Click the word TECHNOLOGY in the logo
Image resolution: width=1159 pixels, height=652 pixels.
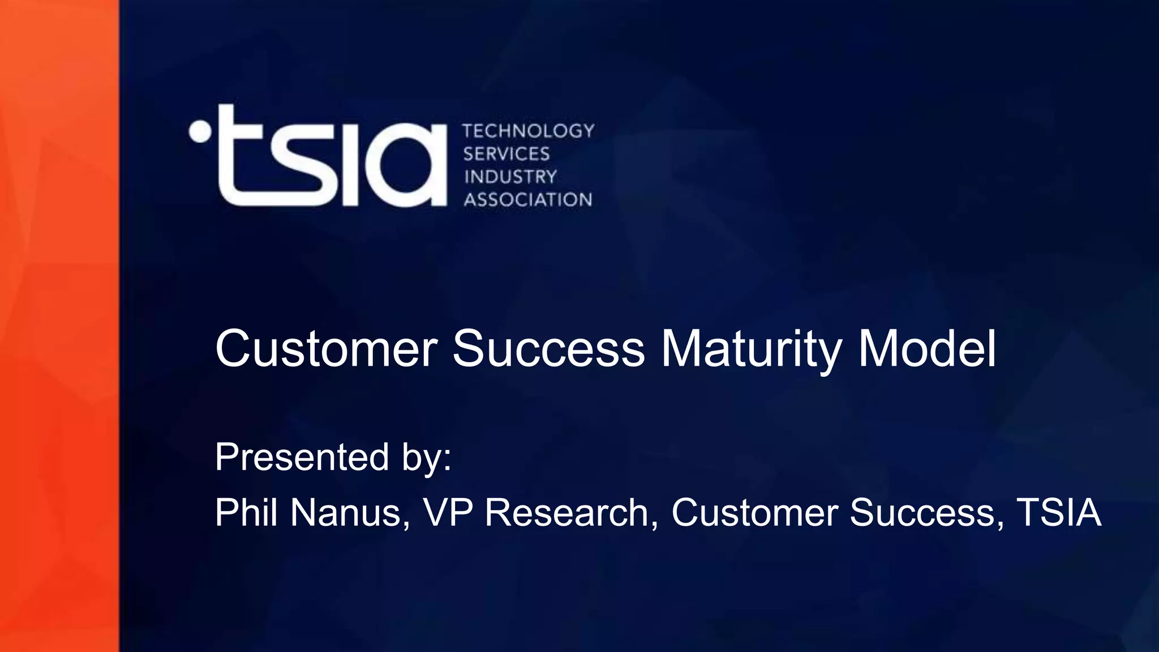[x=529, y=131]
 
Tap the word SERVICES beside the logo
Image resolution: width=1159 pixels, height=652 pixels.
[x=506, y=154]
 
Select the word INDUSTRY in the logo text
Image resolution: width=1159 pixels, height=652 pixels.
[x=510, y=177]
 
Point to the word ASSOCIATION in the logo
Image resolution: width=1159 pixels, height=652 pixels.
[x=528, y=200]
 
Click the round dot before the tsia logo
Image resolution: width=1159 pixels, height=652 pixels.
[x=200, y=131]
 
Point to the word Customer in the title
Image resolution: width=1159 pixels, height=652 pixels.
[x=326, y=348]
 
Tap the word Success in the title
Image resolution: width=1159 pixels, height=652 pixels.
[x=548, y=348]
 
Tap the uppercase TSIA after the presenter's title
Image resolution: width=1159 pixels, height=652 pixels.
[x=1059, y=512]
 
